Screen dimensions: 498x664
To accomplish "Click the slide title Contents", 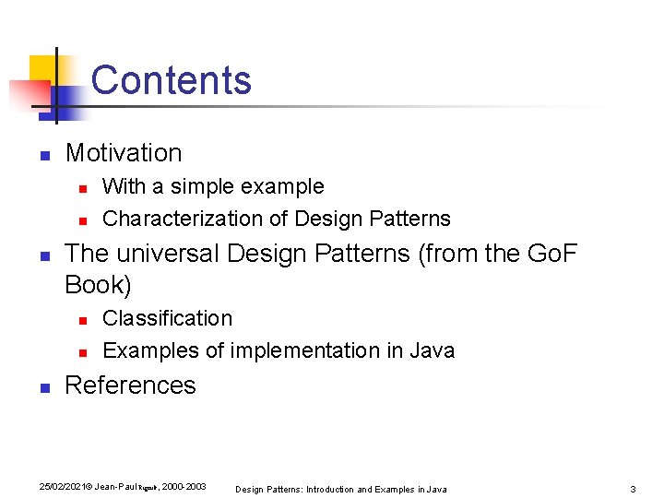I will pyautogui.click(x=172, y=80).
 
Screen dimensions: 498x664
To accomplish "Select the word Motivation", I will pyautogui.click(x=124, y=153).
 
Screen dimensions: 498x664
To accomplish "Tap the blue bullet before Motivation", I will pyautogui.click(x=45, y=155).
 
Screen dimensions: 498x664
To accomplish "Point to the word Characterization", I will pyautogui.click(x=195, y=219).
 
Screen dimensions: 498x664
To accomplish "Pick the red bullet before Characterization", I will pyautogui.click(x=82, y=220).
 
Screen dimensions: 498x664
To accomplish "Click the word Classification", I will pyautogui.click(x=167, y=318).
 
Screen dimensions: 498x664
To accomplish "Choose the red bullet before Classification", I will pyautogui.click(x=82, y=320).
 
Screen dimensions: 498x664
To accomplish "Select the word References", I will pyautogui.click(x=130, y=385).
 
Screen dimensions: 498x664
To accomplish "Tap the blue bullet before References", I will pyautogui.click(x=45, y=387).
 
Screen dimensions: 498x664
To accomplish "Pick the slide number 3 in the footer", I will pyautogui.click(x=633, y=488).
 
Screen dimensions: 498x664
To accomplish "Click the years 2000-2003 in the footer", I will pyautogui.click(x=184, y=486).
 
